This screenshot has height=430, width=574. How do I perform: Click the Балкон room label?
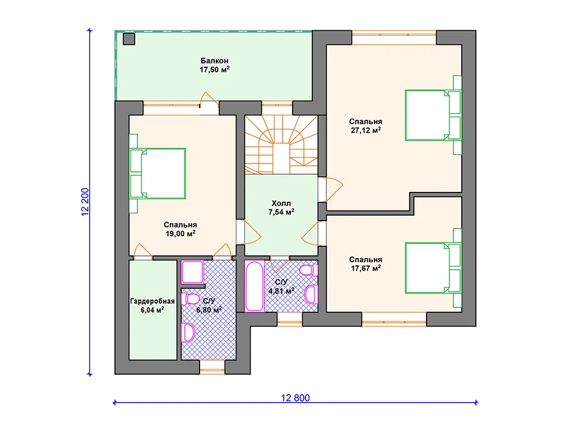click(215, 60)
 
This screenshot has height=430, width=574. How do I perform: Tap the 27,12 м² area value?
click(365, 130)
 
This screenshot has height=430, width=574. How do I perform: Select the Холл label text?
click(281, 203)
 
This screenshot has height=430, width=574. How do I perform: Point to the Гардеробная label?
click(152, 301)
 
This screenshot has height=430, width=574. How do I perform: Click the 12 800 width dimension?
click(295, 398)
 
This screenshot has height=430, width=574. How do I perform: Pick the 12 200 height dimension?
click(85, 202)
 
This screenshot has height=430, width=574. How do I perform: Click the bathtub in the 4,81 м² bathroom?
click(254, 286)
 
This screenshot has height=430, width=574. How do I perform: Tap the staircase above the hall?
click(281, 145)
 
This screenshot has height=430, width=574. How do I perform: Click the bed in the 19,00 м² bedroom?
click(158, 174)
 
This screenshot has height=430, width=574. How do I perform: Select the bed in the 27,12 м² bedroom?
click(433, 115)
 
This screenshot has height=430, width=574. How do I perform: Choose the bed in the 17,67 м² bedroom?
click(433, 268)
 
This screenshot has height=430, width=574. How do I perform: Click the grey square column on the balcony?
click(129, 39)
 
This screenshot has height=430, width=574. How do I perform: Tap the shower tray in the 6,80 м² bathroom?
click(192, 272)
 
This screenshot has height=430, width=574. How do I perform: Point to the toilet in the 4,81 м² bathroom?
click(309, 270)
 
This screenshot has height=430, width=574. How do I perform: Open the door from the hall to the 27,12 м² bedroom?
click(331, 189)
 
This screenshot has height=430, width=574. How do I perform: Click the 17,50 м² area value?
click(215, 69)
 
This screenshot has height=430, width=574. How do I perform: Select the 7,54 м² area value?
click(281, 212)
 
